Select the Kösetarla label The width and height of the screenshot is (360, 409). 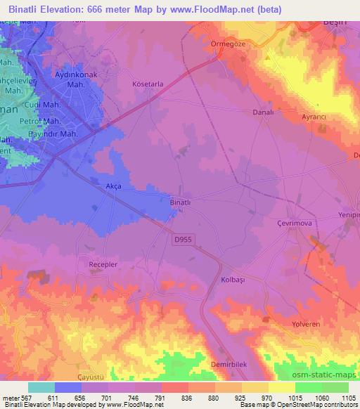coord(148,84)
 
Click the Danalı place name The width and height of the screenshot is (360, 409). coord(262,112)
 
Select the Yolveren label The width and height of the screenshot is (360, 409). coord(306,324)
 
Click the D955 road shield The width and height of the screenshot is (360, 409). coord(182,240)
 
